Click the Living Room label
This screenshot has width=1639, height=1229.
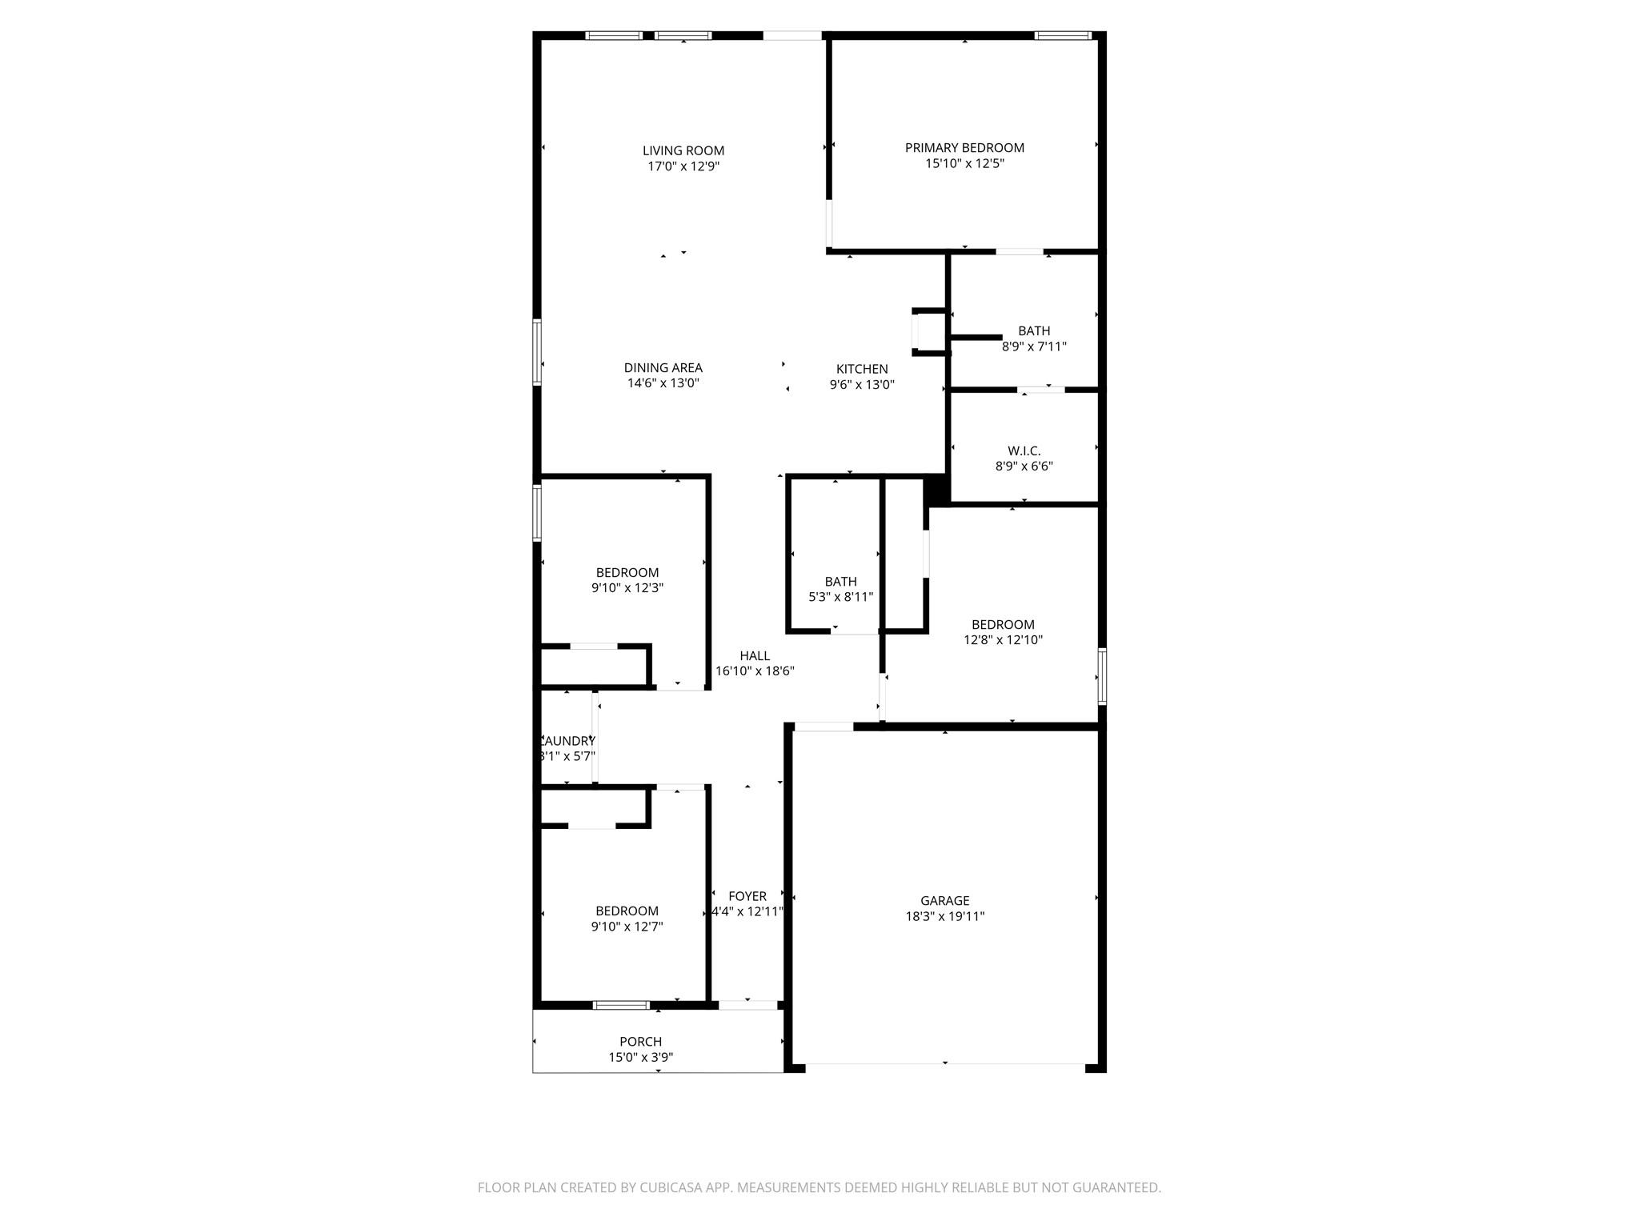pyautogui.click(x=683, y=150)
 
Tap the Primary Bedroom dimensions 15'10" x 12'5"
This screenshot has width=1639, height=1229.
pyautogui.click(x=964, y=164)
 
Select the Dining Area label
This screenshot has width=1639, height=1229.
pyautogui.click(x=663, y=368)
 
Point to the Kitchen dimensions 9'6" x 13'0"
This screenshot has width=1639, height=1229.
pyautogui.click(x=861, y=384)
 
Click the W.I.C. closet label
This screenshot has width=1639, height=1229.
pyautogui.click(x=1024, y=451)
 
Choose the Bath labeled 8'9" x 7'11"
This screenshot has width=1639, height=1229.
pyautogui.click(x=1033, y=338)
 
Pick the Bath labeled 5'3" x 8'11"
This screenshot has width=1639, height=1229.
pyautogui.click(x=840, y=589)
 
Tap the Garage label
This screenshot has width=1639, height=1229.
pyautogui.click(x=944, y=901)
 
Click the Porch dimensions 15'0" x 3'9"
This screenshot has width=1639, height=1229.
pyautogui.click(x=640, y=1058)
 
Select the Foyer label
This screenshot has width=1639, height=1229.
pyautogui.click(x=747, y=897)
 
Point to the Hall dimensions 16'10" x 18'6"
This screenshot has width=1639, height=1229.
pyautogui.click(x=754, y=672)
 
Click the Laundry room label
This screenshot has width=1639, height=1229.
pyautogui.click(x=568, y=741)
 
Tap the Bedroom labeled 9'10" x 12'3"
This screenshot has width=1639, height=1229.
pyautogui.click(x=627, y=580)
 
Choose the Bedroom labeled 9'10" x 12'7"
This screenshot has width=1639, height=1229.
pyautogui.click(x=627, y=919)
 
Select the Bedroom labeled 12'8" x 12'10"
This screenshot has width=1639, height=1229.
pyautogui.click(x=1003, y=632)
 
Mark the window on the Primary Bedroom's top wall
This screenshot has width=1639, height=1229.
pyautogui.click(x=1062, y=35)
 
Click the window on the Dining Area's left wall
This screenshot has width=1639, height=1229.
pyautogui.click(x=537, y=352)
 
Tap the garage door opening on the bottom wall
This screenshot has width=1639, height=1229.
pyautogui.click(x=944, y=1065)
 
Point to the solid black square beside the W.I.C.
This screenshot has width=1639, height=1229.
pyautogui.click(x=936, y=490)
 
